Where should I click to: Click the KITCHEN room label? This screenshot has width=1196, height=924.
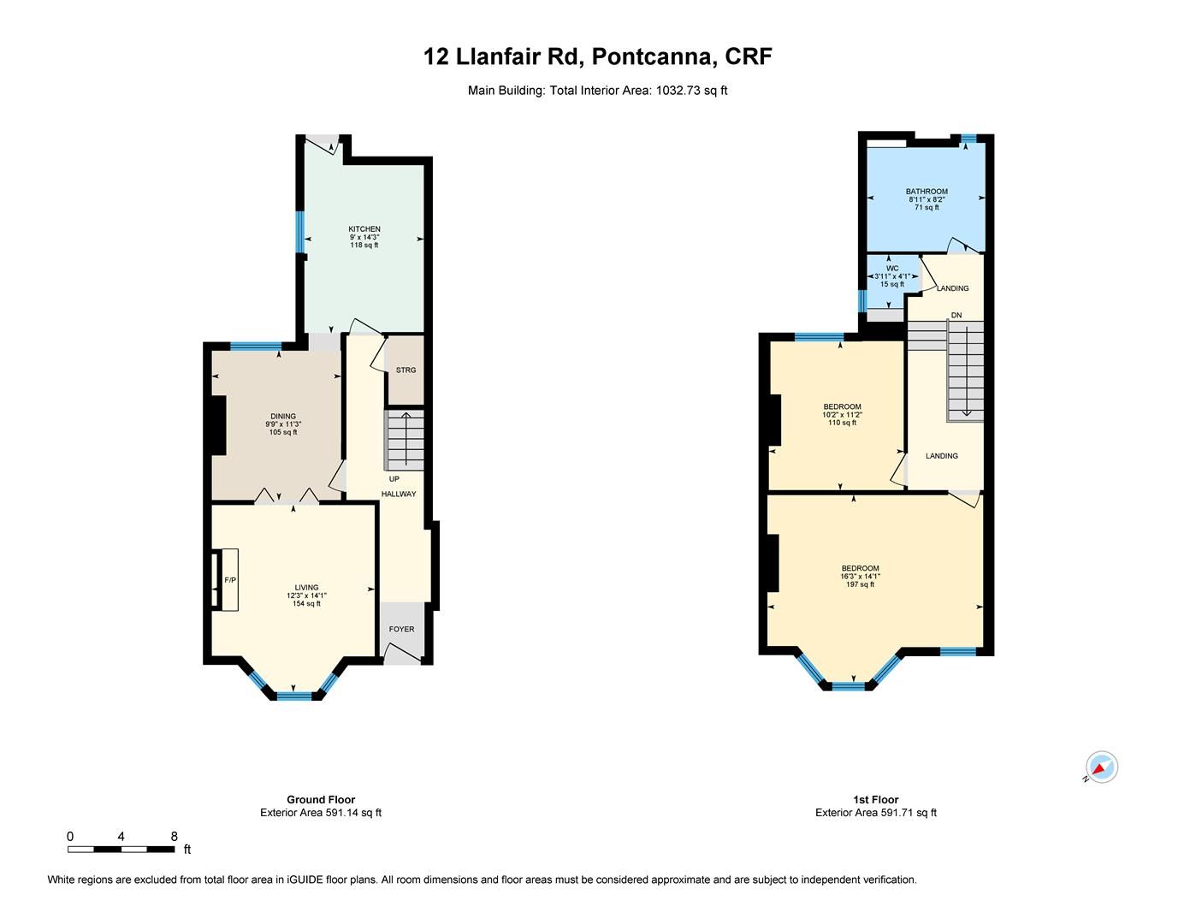coord(364,229)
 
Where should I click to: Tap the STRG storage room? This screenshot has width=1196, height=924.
coord(406,370)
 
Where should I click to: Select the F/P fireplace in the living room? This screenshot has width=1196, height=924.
coord(229,580)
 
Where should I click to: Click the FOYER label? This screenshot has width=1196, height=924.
coord(401,629)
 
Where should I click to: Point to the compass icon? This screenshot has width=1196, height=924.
coord(1102,767)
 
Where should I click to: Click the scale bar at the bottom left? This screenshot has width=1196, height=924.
coord(121,849)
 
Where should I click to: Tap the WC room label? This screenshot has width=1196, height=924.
coord(892,268)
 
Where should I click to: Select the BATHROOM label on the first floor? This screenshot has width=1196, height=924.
coord(927,192)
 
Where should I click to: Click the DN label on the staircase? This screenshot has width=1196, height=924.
coord(956,316)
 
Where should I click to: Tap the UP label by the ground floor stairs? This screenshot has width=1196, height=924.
coord(394,479)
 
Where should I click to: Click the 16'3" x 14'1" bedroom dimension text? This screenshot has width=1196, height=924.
coord(860,577)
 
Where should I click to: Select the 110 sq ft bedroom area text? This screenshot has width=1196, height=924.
coord(842,423)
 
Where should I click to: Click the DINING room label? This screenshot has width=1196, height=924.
coord(283,417)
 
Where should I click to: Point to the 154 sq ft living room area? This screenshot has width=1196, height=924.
coord(306,604)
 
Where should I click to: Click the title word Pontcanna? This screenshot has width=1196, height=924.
coord(651,57)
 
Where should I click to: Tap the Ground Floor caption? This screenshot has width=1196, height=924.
coord(321,800)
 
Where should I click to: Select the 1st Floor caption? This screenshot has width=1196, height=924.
coord(875,800)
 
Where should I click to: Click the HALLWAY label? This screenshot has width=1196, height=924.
coord(399,494)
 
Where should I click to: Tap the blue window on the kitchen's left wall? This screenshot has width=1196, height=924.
coord(300,232)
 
